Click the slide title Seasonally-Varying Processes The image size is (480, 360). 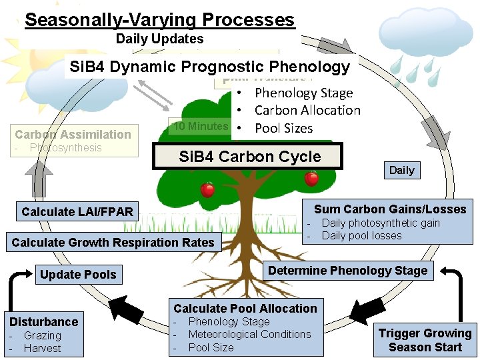tap(159, 19)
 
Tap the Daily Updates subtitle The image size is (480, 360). tap(159, 39)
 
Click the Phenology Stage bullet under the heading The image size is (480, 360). tap(303, 93)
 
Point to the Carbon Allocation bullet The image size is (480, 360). tap(307, 111)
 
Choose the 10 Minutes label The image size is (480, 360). tap(201, 126)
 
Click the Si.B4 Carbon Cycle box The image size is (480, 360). tap(249, 157)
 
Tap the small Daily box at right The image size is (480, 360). tap(401, 170)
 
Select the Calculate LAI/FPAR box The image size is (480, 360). tap(77, 212)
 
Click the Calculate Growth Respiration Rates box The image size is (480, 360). tap(113, 243)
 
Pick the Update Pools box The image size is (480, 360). tap(78, 274)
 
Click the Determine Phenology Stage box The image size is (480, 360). tap(347, 270)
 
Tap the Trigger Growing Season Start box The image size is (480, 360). tap(425, 340)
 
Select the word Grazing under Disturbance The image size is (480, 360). tap(42, 336)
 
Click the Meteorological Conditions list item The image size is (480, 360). tap(249, 335)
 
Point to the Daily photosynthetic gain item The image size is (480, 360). tap(381, 223)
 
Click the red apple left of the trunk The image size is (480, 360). tap(207, 190)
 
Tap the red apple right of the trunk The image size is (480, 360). tap(311, 179)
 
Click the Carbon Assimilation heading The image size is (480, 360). tap(73, 134)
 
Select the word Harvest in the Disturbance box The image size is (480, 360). tap(42, 348)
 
